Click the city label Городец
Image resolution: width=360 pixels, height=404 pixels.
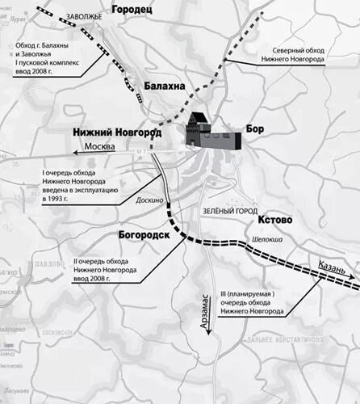click(134, 11)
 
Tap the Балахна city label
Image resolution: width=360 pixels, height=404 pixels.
click(166, 86)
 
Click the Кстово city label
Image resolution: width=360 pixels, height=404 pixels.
click(275, 220)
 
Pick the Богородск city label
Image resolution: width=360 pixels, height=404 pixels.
click(127, 234)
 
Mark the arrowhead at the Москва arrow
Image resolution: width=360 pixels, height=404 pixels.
click(75, 149)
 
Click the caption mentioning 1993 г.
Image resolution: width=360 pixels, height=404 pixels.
click(80, 186)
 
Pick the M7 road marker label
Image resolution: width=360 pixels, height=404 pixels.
click(141, 149)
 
